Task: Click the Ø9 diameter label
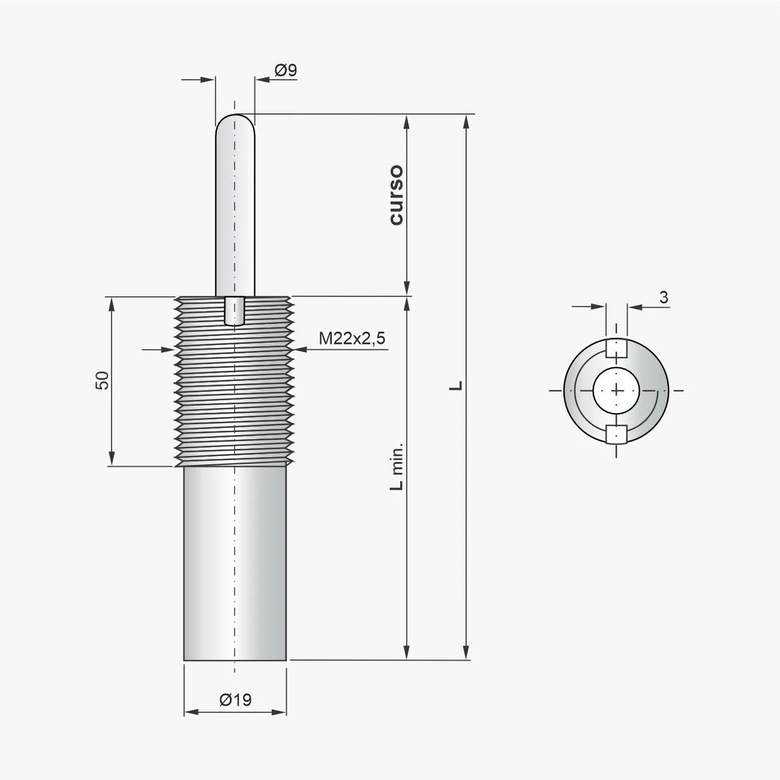286,71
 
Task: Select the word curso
396,195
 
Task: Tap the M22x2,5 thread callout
352,339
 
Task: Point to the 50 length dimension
102,380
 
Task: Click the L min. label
397,467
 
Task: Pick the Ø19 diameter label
235,700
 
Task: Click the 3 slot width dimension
664,297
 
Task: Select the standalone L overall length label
457,385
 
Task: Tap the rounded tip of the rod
235,120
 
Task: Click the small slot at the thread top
235,310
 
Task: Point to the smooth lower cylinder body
235,564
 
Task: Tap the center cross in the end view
616,390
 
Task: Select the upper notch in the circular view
616,348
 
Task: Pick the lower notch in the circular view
616,433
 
